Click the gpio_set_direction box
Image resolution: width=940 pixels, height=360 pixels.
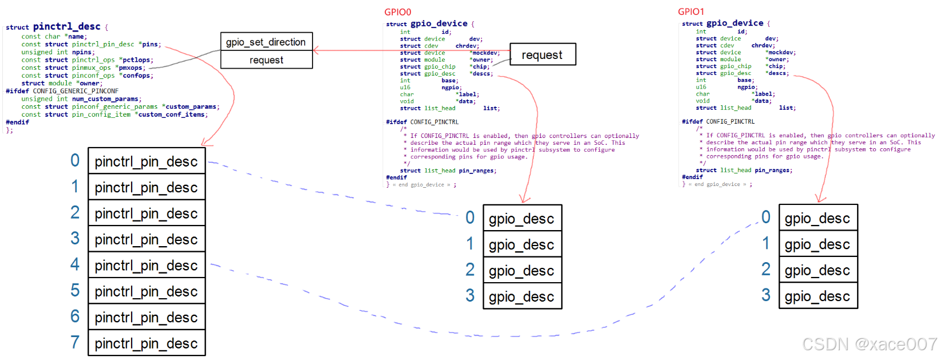(x=266, y=42)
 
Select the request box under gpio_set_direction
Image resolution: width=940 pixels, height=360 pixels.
(x=266, y=60)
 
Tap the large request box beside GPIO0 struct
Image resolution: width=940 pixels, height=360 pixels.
(x=542, y=55)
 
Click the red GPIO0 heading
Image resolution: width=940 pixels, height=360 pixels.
(x=397, y=12)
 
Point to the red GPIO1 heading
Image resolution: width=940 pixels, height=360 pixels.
(x=691, y=11)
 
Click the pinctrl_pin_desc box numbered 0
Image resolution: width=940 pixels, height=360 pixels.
(x=147, y=161)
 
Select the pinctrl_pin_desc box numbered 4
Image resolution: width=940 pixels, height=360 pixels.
(x=147, y=266)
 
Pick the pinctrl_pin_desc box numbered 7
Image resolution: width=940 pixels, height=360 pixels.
(x=147, y=343)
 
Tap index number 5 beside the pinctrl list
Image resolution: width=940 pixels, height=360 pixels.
(x=75, y=291)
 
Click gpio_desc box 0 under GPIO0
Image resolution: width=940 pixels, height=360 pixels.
(x=522, y=219)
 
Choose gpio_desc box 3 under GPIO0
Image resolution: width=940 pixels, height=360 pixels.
(x=522, y=296)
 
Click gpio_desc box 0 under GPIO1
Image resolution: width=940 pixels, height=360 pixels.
(x=817, y=218)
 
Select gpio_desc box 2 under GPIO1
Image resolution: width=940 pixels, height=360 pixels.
(x=817, y=270)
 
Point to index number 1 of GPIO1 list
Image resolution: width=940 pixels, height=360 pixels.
(x=766, y=243)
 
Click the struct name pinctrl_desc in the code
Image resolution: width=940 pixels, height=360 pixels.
(x=66, y=26)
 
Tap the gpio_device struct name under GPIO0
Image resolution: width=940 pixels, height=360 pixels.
(x=439, y=23)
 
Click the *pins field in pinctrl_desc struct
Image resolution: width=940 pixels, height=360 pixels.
(x=149, y=44)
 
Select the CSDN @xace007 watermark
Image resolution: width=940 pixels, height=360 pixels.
(x=869, y=344)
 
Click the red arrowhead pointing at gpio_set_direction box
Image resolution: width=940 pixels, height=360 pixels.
(x=317, y=50)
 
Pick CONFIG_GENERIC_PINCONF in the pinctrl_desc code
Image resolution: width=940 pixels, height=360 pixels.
(x=76, y=91)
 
